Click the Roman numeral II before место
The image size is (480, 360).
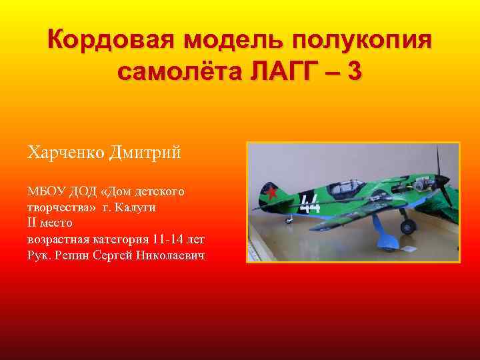33,223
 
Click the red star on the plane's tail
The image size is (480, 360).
271,193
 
